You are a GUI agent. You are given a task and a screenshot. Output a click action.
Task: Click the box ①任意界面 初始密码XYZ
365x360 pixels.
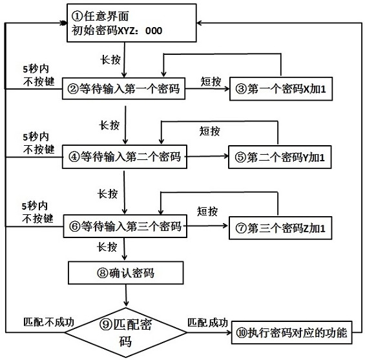pyautogui.click(x=132, y=23)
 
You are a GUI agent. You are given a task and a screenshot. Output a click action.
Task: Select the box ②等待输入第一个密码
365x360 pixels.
pyautogui.click(x=123, y=88)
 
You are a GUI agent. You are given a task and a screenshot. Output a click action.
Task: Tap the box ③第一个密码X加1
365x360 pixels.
pyautogui.click(x=281, y=89)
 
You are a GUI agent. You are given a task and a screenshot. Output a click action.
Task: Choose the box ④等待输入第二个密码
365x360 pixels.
pyautogui.click(x=125, y=157)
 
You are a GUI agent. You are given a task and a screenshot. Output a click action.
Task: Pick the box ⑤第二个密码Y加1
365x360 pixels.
pyautogui.click(x=280, y=157)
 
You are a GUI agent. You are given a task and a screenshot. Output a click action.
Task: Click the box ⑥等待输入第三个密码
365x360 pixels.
pyautogui.click(x=125, y=226)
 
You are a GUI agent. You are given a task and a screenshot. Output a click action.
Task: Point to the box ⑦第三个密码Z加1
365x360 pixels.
pyautogui.click(x=280, y=228)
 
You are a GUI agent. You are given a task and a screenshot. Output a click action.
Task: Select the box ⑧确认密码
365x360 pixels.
pyautogui.click(x=126, y=273)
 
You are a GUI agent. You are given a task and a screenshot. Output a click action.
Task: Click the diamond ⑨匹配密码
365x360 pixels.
pyautogui.click(x=126, y=332)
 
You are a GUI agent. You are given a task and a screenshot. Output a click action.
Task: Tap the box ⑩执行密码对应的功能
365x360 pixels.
pyautogui.click(x=291, y=332)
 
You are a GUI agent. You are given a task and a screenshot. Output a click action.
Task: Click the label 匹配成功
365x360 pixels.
pyautogui.click(x=207, y=323)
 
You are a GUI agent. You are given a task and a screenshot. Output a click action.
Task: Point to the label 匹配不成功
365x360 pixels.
pyautogui.click(x=48, y=322)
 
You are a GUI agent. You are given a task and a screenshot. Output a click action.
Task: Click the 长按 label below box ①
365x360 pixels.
pyautogui.click(x=110, y=60)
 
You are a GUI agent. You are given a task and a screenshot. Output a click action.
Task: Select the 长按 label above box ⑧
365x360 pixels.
pyautogui.click(x=107, y=247)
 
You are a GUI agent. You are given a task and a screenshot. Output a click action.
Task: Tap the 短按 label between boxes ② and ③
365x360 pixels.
pyautogui.click(x=211, y=81)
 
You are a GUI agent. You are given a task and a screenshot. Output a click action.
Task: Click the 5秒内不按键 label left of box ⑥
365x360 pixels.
pyautogui.click(x=37, y=212)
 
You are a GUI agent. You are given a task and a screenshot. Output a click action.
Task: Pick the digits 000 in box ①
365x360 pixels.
pyautogui.click(x=154, y=31)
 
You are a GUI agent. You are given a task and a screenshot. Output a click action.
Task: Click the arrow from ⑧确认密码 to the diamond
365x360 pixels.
pyautogui.click(x=126, y=295)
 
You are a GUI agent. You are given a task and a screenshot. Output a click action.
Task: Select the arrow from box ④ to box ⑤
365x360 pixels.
pyautogui.click(x=208, y=156)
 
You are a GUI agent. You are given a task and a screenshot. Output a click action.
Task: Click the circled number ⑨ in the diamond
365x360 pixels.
pyautogui.click(x=106, y=324)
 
